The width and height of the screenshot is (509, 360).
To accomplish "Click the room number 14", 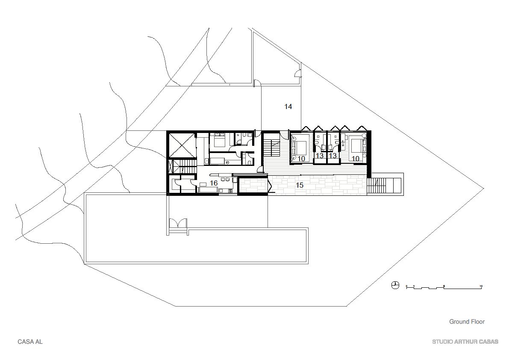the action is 288,106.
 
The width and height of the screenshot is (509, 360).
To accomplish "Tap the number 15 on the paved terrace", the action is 300,185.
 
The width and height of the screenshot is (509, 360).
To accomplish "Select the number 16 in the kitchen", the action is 213,183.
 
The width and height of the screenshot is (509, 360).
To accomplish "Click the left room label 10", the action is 301,159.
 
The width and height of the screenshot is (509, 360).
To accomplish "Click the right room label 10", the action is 356,159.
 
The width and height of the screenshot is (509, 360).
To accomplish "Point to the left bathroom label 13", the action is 320,156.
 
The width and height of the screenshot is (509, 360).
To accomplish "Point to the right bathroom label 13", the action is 332,156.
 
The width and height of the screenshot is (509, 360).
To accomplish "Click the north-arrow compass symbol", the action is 395,285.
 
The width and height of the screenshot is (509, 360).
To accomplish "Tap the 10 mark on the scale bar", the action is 481,286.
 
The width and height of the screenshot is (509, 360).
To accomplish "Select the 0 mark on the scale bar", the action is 406,286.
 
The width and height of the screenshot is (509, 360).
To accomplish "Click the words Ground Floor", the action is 467,322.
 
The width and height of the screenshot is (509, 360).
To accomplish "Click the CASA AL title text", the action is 30,342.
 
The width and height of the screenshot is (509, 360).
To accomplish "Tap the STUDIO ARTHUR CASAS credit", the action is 465,342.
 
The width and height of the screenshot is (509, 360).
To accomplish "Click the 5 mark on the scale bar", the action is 444,286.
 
